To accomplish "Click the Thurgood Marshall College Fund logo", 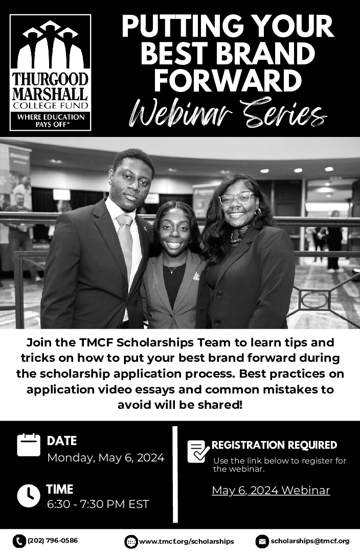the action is [x=50, y=73].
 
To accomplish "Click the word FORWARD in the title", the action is [x=228, y=81].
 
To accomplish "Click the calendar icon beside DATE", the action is [x=28, y=445].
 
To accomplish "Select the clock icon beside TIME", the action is [x=28, y=495].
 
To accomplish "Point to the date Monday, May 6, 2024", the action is [x=106, y=458].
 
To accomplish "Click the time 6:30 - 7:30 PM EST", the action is [x=98, y=504].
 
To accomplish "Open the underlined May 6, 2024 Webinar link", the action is [x=271, y=491].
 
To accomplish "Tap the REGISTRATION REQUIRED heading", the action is [x=274, y=445].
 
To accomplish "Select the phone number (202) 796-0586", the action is [x=53, y=541].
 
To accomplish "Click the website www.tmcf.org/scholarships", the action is [x=187, y=542].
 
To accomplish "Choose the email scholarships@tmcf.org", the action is [x=310, y=541].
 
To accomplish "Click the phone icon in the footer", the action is [x=19, y=541].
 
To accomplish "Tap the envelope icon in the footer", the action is [x=262, y=542].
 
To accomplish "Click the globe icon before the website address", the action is [x=131, y=542].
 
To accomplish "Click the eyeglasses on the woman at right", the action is [x=237, y=199].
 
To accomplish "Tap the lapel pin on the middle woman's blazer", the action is [x=196, y=276].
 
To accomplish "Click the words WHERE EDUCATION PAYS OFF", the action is [x=51, y=121].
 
